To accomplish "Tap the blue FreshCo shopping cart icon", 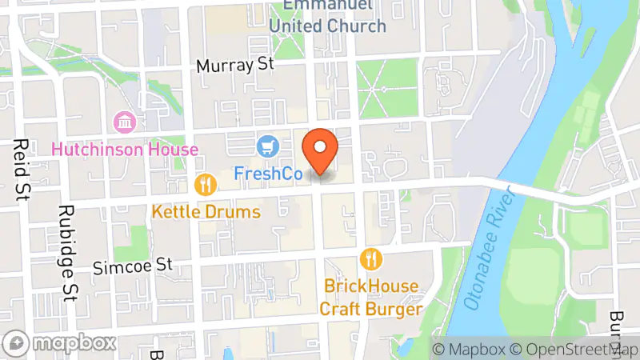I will point(267,146).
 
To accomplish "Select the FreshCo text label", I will point(267,173).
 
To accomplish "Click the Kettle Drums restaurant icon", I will point(206,186).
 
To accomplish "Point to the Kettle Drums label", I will point(206,212).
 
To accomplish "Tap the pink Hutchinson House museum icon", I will point(125,122).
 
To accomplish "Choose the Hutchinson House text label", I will point(125,150).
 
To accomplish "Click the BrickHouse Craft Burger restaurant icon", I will point(370,258).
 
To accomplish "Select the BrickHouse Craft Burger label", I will point(370,297).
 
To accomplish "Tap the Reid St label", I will point(19,168).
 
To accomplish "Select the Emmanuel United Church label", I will point(327,17).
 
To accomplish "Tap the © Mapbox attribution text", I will point(469,350).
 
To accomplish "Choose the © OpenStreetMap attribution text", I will point(574,350).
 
